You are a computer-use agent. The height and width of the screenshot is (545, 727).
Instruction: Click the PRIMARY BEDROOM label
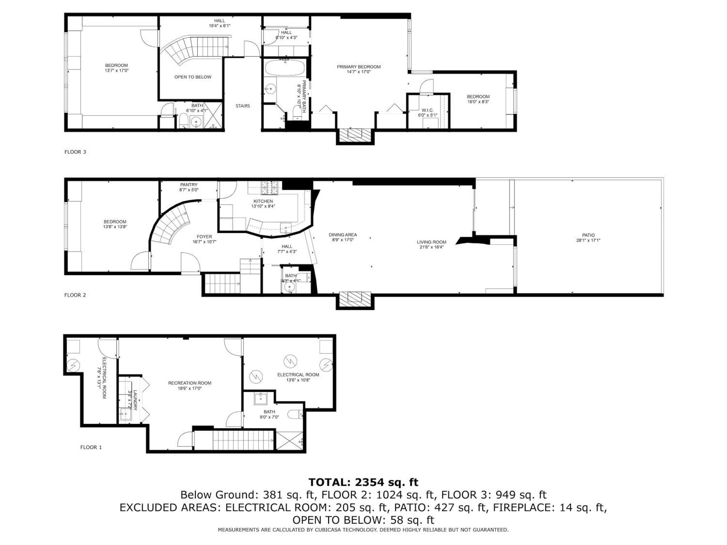tap(358, 67)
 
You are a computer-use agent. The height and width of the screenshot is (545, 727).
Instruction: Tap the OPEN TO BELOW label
tap(193, 77)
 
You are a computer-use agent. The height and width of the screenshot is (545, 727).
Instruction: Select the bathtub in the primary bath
tap(285, 68)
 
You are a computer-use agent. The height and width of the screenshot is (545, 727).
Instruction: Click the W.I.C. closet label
tap(427, 110)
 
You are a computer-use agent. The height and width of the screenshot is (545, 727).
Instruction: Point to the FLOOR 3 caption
tap(75, 152)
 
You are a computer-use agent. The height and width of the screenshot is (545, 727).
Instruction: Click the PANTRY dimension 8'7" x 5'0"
tap(189, 190)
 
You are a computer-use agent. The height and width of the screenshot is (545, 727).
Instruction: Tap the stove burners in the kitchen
tap(269, 188)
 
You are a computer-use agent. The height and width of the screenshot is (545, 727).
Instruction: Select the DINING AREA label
tap(343, 235)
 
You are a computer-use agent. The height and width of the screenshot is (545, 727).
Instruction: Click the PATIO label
tap(588, 235)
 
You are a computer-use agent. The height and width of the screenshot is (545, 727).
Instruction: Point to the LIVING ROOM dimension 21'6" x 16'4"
tap(431, 247)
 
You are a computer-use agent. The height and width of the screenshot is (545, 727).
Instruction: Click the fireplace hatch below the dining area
tap(355, 298)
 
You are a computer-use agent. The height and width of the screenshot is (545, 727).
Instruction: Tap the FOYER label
tap(204, 237)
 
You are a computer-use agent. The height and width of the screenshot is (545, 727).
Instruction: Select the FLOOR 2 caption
tap(75, 295)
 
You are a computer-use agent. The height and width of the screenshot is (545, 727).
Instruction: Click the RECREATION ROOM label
tap(190, 383)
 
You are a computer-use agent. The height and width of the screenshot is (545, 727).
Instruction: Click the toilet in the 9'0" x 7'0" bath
tap(295, 414)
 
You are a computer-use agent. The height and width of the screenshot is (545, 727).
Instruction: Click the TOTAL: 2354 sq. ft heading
tap(363, 482)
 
